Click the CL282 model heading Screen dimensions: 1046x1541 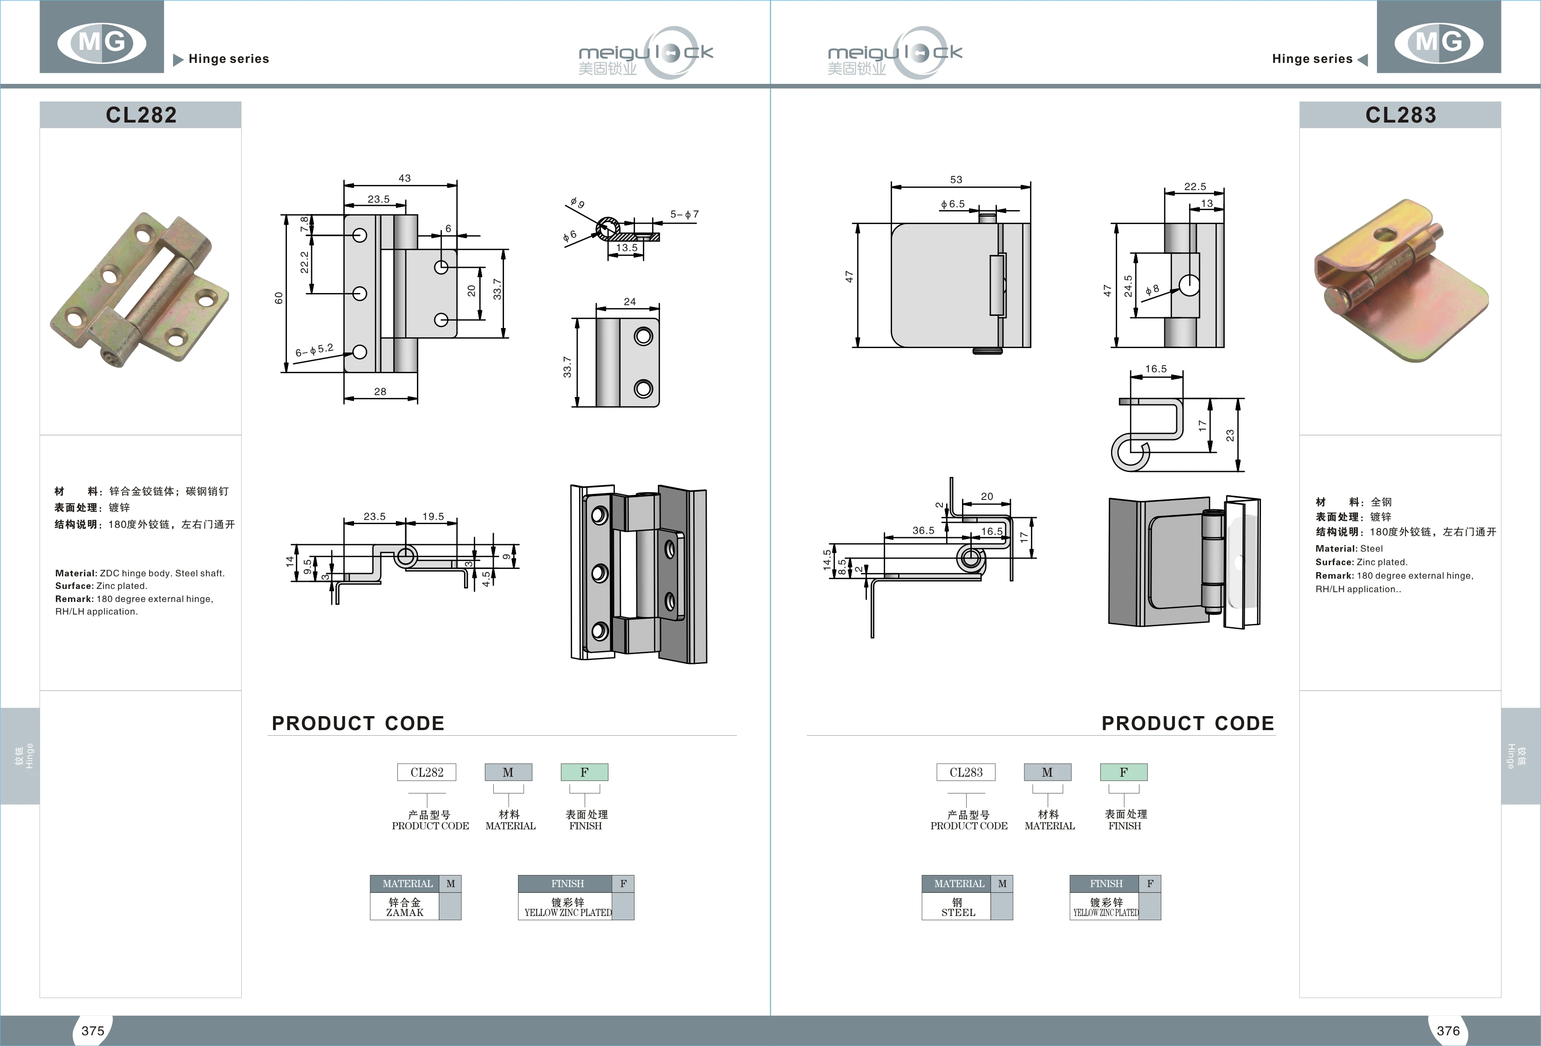tap(141, 115)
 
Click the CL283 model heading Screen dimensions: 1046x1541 tap(1400, 115)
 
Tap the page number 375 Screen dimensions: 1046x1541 tap(93, 1031)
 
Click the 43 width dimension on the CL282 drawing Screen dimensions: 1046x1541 tap(404, 178)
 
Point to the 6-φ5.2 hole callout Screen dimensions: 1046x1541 tap(315, 349)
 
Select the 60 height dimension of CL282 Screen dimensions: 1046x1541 tap(279, 298)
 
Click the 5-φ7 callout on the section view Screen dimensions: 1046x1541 tap(684, 214)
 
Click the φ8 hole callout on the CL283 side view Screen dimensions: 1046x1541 tap(1152, 290)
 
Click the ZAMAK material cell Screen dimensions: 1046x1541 tap(404, 907)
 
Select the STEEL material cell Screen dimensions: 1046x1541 tap(957, 907)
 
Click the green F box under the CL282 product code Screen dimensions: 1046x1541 tap(584, 772)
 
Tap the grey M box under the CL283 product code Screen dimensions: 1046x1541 tap(1047, 772)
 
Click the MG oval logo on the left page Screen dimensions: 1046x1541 tap(102, 42)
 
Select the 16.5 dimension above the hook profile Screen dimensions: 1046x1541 tap(1156, 369)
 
